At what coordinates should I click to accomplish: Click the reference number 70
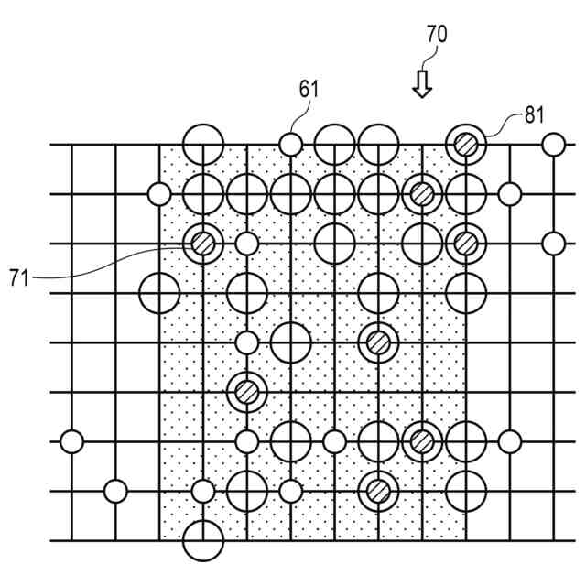point(437,36)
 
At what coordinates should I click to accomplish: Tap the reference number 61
point(309,89)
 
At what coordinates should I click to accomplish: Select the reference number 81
point(534,114)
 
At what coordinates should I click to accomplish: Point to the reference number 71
point(19,277)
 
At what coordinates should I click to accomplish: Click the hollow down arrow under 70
point(421,84)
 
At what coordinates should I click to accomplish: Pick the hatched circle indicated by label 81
point(466,144)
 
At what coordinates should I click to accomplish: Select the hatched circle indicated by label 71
point(202,244)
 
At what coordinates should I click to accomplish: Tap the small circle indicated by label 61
point(290,144)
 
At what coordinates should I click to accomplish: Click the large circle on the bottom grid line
point(202,540)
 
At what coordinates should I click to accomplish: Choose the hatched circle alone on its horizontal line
point(246,392)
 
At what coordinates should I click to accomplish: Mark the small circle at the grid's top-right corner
point(553,144)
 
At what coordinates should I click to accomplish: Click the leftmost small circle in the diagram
point(71,441)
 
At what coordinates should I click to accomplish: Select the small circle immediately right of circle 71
point(246,244)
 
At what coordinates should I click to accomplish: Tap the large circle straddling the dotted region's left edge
point(159,293)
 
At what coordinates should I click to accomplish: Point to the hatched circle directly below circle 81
point(466,244)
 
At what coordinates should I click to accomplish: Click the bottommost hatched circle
point(377,491)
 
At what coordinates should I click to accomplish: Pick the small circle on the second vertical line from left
point(115,491)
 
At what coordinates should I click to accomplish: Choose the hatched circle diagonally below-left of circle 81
point(421,193)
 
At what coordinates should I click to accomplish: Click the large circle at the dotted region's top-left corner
point(202,144)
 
